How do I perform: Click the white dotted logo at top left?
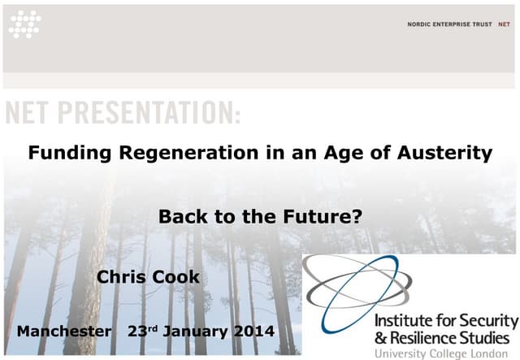(24, 24)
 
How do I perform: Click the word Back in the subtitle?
(179, 217)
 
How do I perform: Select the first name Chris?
(121, 277)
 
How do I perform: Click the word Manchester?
(64, 332)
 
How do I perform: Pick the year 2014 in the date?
(251, 332)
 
